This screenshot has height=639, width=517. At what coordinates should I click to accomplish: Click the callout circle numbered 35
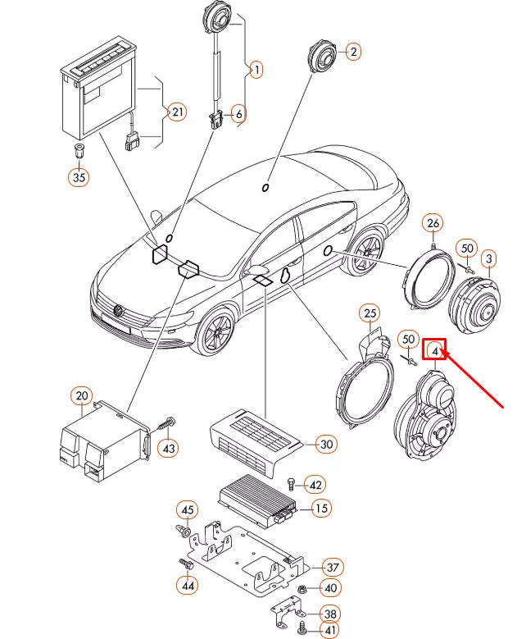click(x=78, y=176)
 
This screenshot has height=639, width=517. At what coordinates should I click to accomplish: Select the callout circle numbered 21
click(x=177, y=111)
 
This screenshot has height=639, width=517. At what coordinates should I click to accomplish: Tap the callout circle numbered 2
click(x=353, y=52)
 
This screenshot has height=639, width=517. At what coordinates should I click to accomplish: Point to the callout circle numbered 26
click(x=433, y=223)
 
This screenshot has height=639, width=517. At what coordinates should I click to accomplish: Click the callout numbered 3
click(x=488, y=260)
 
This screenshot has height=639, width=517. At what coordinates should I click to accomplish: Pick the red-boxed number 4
click(x=435, y=351)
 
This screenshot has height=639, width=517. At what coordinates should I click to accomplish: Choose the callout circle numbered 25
click(x=370, y=314)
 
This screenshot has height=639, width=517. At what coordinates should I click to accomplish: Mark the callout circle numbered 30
click(x=327, y=445)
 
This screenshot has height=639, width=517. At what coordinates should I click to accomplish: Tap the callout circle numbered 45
click(x=188, y=511)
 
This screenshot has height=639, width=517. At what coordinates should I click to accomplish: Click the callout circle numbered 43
click(x=168, y=448)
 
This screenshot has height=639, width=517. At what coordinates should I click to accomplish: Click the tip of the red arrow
click(x=443, y=350)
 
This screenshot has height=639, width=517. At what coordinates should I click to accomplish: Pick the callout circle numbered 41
click(x=331, y=630)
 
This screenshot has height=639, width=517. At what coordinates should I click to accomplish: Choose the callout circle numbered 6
click(x=239, y=114)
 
